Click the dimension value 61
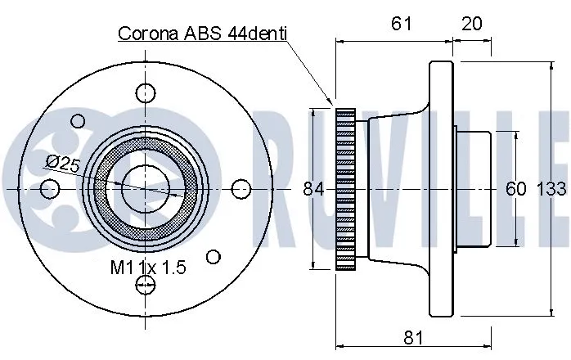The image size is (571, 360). point(400,24)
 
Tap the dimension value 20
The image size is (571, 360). point(471,24)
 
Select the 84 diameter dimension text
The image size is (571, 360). point(313,189)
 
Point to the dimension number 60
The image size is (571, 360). point(515,189)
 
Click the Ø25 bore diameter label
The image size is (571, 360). point(63,163)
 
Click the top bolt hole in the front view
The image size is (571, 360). point(145,92)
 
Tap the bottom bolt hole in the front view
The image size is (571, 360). point(145,285)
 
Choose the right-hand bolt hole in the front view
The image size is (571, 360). point(241,189)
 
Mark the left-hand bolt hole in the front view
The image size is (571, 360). point(48,189)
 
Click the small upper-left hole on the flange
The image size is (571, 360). point(79,121)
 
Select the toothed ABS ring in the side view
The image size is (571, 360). point(347,189)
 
